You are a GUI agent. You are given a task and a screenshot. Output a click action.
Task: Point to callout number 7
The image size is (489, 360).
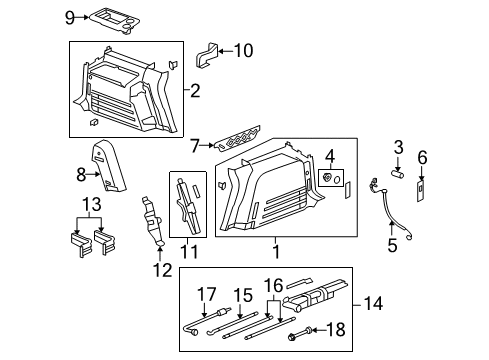[x=196, y=146]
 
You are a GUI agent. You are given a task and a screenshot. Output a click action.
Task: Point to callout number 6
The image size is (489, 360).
[x=422, y=157]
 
